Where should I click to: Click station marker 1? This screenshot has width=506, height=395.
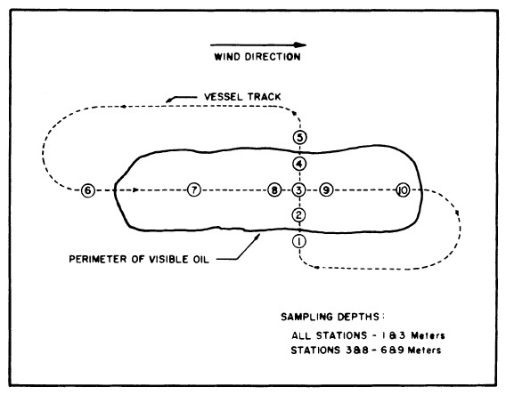click(x=300, y=241)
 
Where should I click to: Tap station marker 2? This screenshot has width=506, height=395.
click(x=300, y=214)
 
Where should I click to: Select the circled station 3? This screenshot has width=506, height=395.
click(x=300, y=190)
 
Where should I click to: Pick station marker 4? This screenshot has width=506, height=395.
click(x=300, y=164)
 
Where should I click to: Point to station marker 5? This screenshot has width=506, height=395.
click(x=300, y=138)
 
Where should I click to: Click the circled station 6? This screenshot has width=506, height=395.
click(x=87, y=190)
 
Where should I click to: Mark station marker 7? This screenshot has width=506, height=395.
click(x=194, y=190)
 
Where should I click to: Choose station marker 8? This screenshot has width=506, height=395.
click(x=274, y=190)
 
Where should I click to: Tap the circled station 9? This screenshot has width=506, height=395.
click(x=327, y=190)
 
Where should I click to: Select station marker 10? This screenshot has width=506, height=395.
click(x=403, y=190)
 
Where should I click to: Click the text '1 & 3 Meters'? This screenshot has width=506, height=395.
click(x=419, y=335)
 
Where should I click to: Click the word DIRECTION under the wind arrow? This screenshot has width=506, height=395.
click(x=275, y=58)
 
